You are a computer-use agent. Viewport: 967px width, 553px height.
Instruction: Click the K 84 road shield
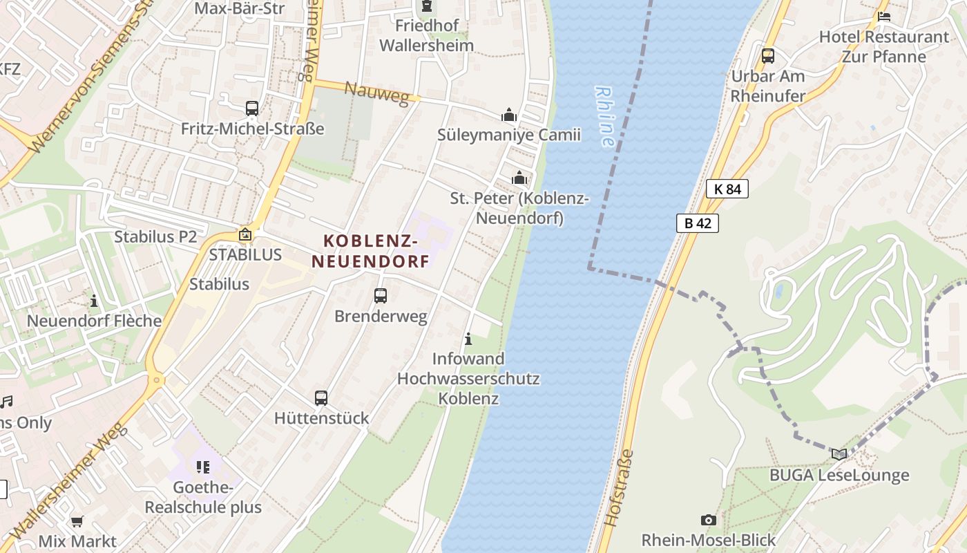point(727,188)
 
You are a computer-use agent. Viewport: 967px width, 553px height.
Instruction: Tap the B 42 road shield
point(698,223)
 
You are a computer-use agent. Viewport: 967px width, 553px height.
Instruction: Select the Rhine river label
point(604,116)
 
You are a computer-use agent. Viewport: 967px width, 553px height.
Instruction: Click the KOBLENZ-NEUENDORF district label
point(371,251)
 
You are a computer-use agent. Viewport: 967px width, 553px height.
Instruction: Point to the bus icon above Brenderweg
point(381,296)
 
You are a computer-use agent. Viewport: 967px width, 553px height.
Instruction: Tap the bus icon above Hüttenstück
point(321,397)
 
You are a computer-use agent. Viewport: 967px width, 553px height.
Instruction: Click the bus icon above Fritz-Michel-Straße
point(252,109)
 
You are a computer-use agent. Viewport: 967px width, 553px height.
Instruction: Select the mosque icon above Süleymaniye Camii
point(509,115)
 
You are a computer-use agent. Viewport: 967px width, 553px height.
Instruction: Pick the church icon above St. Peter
point(519,178)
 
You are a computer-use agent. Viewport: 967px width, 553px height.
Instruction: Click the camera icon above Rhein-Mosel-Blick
point(708,520)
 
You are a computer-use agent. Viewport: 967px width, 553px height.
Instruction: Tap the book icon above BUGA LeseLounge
point(839,454)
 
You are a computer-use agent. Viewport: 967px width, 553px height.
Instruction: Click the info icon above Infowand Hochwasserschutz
point(468,339)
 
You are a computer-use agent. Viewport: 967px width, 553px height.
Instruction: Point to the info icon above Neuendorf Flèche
point(94,301)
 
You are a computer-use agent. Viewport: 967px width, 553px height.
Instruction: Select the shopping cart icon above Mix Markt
point(77,521)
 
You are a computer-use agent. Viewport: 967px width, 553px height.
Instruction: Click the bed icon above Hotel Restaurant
point(883,17)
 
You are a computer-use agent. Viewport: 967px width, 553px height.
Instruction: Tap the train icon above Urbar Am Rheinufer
point(768,56)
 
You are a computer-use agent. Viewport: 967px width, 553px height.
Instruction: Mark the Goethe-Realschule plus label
point(203,498)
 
